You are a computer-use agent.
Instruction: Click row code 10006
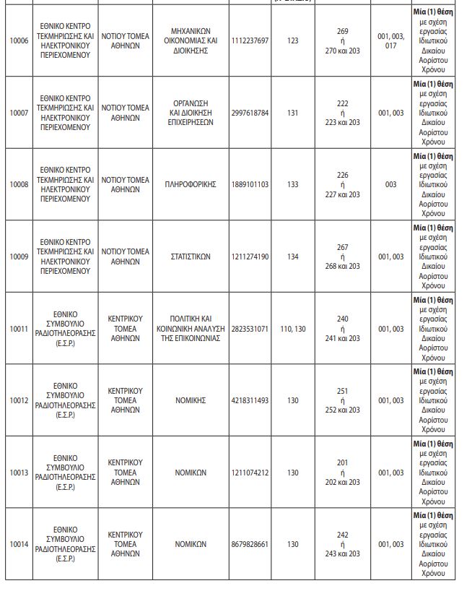click(x=19, y=40)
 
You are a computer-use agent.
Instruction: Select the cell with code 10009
click(x=19, y=257)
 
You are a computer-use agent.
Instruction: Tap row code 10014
click(x=19, y=544)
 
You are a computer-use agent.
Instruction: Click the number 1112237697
click(x=250, y=40)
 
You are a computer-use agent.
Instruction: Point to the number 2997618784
click(x=250, y=113)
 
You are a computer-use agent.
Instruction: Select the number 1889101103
click(x=250, y=184)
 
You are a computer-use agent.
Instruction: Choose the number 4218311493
click(x=250, y=400)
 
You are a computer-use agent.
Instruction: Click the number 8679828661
click(x=250, y=544)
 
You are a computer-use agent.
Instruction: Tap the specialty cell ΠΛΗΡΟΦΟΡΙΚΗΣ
click(x=191, y=184)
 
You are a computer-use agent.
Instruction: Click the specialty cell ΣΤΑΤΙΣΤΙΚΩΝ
click(x=191, y=257)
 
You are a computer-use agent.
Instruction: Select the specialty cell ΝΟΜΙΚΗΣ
click(x=191, y=400)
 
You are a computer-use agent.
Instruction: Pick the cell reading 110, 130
click(x=292, y=329)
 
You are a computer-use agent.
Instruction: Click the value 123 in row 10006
click(x=292, y=40)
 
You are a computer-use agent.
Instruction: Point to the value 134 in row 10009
click(x=292, y=257)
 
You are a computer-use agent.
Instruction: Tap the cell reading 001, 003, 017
click(x=391, y=40)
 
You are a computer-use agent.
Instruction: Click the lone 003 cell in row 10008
click(x=391, y=184)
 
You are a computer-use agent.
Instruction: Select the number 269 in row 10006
click(x=343, y=31)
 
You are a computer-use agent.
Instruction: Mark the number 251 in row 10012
click(x=343, y=391)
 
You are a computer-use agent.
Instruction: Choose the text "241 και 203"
click(x=343, y=338)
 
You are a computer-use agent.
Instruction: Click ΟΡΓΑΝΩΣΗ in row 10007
click(x=191, y=103)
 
